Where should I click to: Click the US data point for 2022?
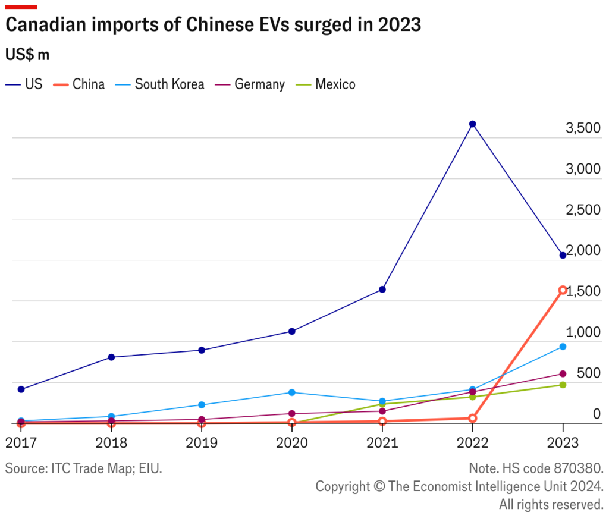[x=473, y=124]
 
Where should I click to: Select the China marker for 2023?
[x=563, y=290]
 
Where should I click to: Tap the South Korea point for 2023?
[x=563, y=347]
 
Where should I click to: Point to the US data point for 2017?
[x=21, y=389]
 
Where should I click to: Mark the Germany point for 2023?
[x=563, y=374]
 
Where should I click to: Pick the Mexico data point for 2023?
[x=563, y=385]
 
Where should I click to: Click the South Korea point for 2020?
[x=292, y=392]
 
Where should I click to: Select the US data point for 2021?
[x=382, y=290]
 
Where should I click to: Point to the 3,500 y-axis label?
[x=583, y=128]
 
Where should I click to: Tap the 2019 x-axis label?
[x=202, y=443]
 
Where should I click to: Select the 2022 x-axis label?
[x=473, y=443]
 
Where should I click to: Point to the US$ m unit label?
[x=27, y=55]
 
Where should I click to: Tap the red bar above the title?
[x=21, y=7]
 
